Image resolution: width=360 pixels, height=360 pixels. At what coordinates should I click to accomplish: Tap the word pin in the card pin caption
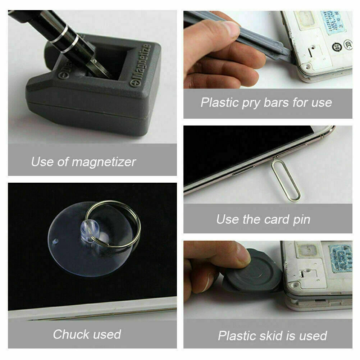point(300,219)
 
